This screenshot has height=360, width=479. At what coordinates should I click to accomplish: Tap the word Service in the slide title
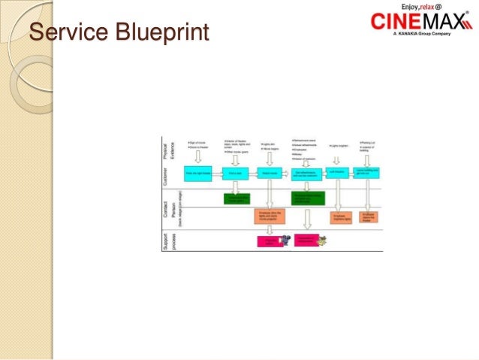[x=67, y=34]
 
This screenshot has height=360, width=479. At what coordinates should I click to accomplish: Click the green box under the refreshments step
[x=309, y=198]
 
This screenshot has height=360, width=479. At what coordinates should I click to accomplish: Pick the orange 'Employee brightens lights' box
[x=342, y=218]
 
